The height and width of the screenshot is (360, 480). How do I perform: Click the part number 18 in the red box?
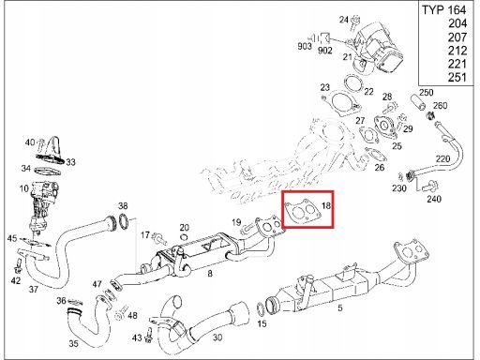[326, 205]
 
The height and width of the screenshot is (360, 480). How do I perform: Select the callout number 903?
[305, 46]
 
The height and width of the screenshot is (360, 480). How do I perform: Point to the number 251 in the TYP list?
[457, 77]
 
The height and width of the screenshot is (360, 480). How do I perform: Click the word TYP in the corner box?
[433, 10]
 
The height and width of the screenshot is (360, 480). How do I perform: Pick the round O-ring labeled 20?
[184, 237]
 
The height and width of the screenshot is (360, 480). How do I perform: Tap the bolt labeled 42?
[18, 265]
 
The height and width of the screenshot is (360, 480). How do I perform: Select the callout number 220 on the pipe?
[442, 158]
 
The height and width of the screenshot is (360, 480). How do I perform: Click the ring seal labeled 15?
[261, 308]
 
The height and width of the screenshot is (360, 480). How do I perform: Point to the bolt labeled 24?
[354, 22]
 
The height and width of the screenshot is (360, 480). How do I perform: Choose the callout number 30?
[217, 337]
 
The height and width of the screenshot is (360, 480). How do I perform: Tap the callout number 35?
[73, 343]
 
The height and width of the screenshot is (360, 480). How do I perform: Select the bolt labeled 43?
[148, 336]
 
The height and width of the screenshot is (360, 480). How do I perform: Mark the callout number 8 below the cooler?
[210, 274]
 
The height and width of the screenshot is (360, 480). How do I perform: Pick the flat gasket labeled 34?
[48, 172]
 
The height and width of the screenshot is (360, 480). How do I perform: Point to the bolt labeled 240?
[430, 187]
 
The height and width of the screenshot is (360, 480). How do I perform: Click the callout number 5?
[340, 307]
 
